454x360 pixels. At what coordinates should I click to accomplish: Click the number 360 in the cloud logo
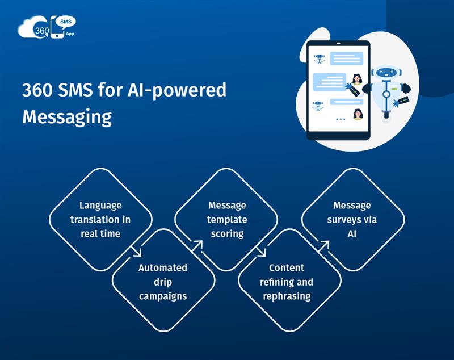[41, 31]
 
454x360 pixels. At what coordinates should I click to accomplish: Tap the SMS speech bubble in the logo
[66, 22]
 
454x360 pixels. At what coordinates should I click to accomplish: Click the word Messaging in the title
[67, 117]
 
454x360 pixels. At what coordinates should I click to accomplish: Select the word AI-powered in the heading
[177, 90]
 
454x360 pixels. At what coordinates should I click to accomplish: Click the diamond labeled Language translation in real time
[100, 220]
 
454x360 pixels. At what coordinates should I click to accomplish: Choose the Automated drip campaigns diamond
[163, 281]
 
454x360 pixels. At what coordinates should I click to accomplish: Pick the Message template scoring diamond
[226, 220]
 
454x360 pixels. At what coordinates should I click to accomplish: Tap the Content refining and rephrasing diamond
[289, 281]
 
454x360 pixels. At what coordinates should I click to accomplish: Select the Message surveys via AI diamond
[352, 220]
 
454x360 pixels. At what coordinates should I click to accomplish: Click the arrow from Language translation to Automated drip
[136, 252]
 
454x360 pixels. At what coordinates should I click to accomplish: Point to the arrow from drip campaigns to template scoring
[197, 246]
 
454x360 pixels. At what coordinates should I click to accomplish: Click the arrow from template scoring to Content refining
[260, 252]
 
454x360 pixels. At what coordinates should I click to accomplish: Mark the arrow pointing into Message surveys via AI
[323, 246]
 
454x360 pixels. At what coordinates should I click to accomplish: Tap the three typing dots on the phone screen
[340, 119]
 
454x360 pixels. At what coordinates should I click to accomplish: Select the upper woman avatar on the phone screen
[358, 79]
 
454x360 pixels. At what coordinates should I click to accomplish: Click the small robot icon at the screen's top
[319, 58]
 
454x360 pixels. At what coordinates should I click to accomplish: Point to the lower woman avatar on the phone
[358, 114]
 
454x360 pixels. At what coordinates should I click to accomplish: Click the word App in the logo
[70, 34]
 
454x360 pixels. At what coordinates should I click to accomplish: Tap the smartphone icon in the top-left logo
[57, 27]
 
